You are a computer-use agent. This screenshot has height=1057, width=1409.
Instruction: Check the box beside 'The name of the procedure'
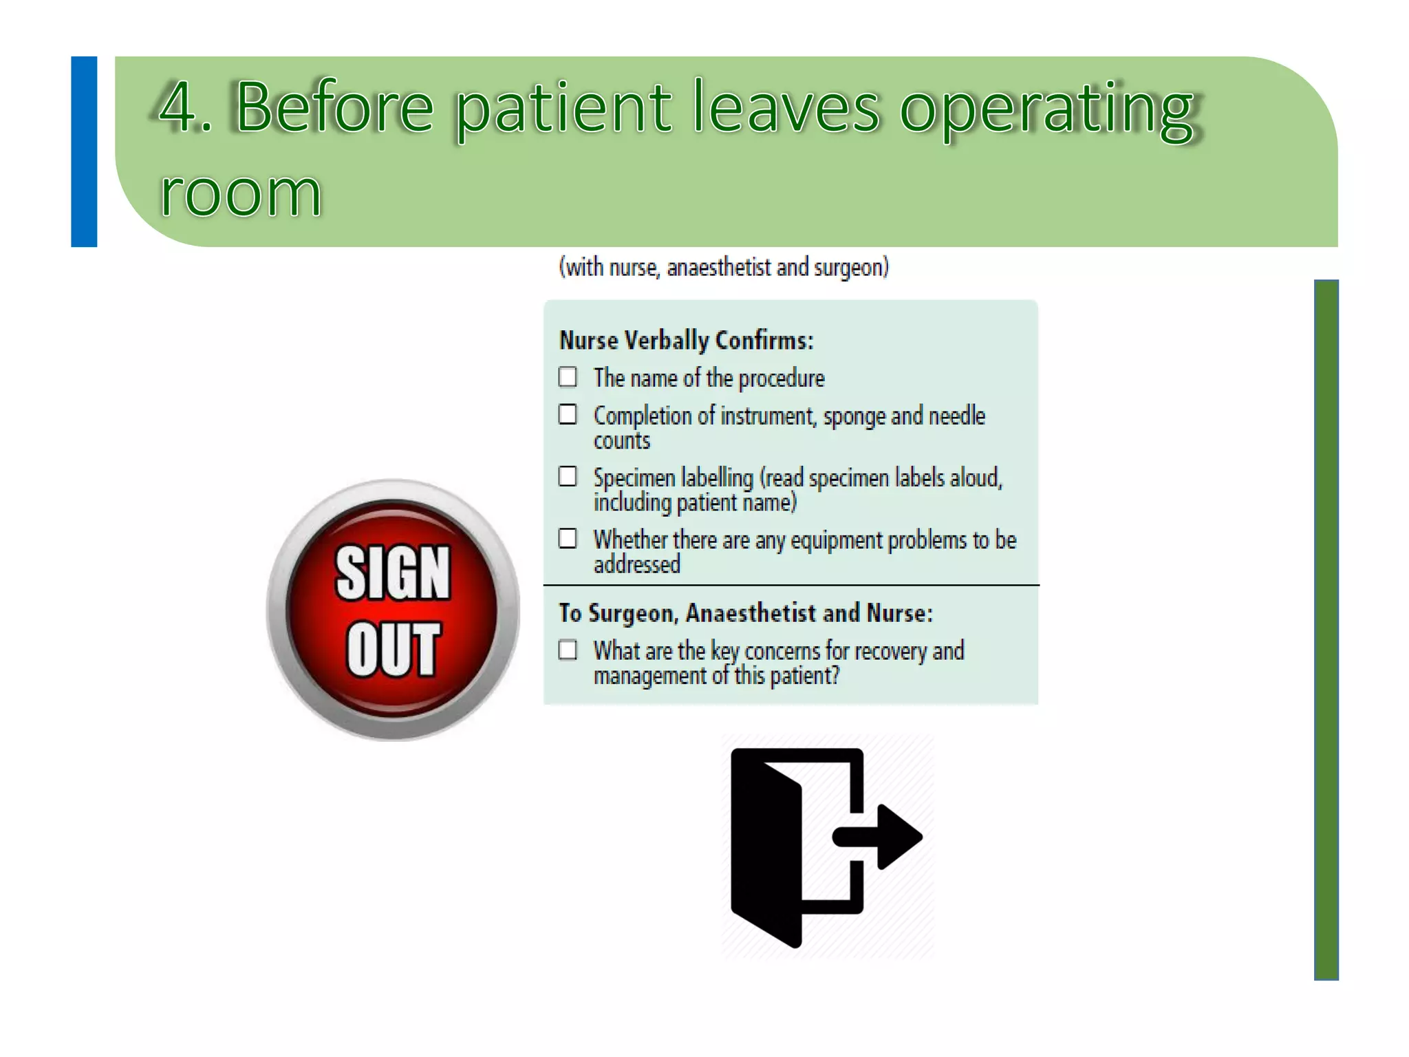tap(568, 377)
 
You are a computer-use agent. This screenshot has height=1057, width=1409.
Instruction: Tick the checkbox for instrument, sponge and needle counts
tap(568, 414)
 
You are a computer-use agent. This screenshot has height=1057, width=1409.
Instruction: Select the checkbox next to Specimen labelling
tap(568, 476)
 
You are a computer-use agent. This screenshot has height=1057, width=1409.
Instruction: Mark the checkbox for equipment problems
tap(568, 538)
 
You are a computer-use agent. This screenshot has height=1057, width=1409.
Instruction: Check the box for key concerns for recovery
tap(568, 650)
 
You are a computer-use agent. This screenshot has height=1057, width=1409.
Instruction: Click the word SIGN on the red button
tap(393, 573)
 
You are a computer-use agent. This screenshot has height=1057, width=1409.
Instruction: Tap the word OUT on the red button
tap(393, 648)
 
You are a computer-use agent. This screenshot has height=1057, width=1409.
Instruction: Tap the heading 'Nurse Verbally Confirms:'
tap(686, 341)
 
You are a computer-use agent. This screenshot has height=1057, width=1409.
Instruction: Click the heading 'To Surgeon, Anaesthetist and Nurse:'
tap(746, 612)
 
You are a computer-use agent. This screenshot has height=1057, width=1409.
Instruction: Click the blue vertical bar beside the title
tap(84, 151)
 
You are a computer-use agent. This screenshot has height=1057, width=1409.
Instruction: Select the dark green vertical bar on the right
tap(1326, 630)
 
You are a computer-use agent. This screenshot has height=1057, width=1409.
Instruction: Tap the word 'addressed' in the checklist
tap(637, 565)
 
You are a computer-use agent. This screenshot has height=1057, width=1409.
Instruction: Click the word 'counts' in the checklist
tap(622, 441)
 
